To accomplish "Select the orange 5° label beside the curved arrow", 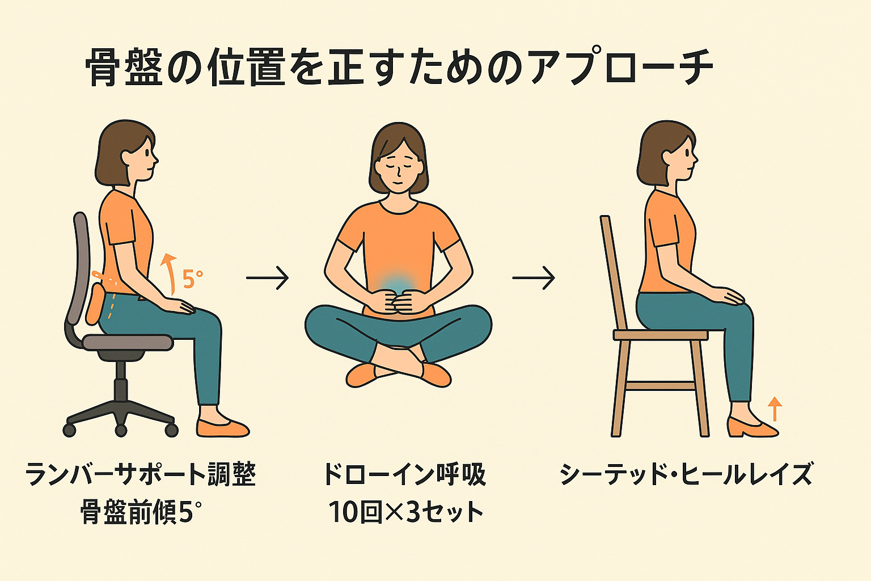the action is pos(193,279).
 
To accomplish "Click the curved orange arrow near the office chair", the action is pos(170,273).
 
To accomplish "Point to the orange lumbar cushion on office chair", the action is pos(95,304).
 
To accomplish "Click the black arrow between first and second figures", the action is pos(268,278).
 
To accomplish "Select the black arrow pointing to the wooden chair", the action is pos(534,278).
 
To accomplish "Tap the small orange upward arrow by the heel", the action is pos(775,409).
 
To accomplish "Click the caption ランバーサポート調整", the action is pos(141,474).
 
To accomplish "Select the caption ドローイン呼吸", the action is pos(405,474).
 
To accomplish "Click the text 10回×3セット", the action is pos(405,511).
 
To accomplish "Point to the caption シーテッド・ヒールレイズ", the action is pos(686,474).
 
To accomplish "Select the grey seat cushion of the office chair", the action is pos(128,342).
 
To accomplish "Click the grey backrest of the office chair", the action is pos(79,268).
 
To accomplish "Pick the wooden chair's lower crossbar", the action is pos(660,386).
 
